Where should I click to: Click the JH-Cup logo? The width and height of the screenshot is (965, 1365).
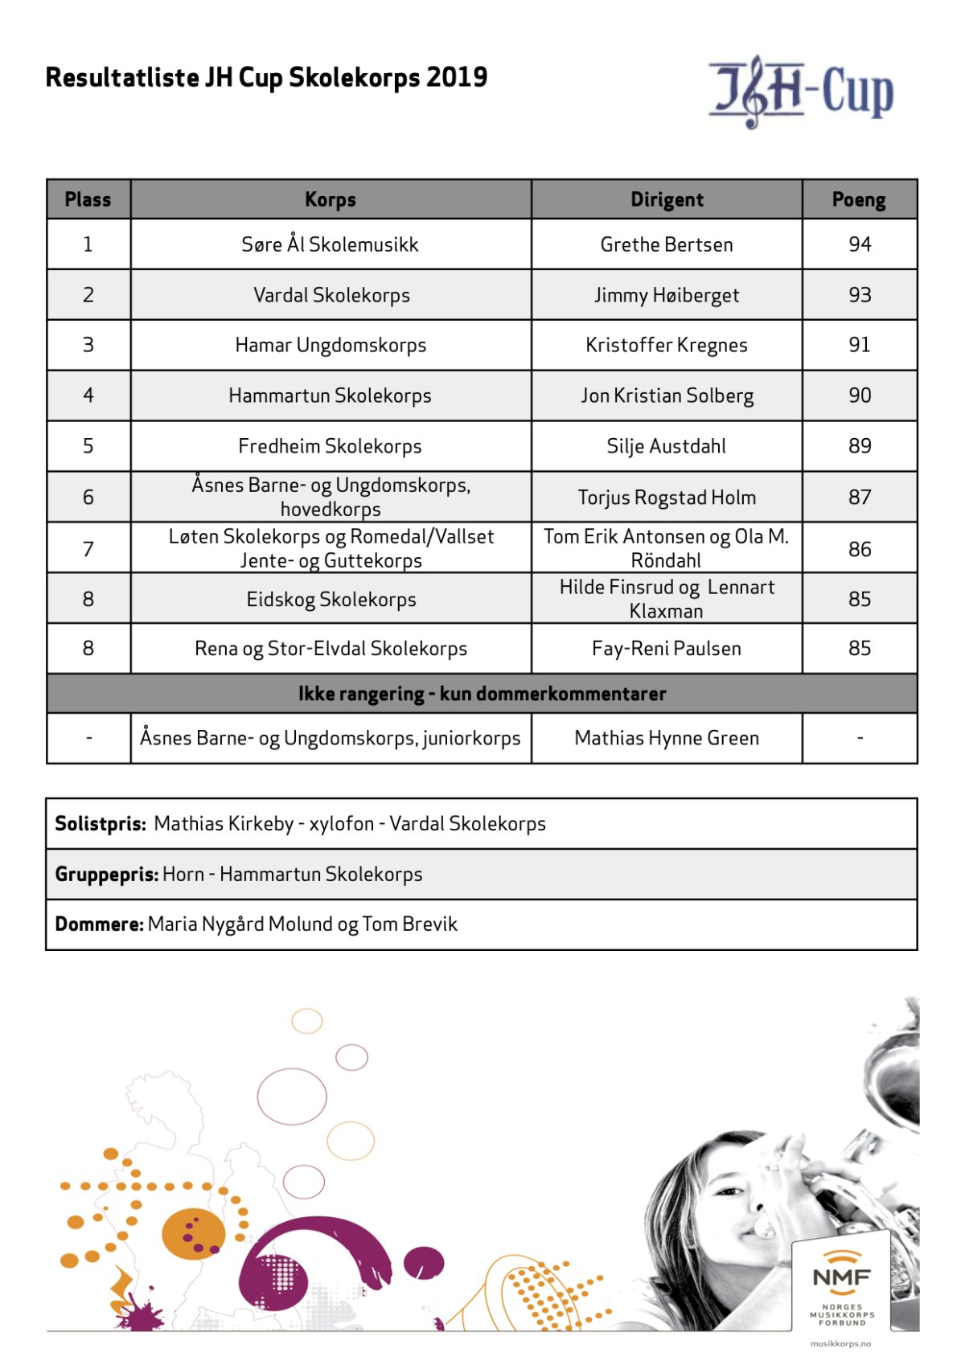[801, 92]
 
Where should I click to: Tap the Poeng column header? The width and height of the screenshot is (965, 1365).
[859, 199]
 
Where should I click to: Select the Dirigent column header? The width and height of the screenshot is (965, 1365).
[667, 199]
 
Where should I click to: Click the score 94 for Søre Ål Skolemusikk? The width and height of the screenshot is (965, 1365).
[860, 244]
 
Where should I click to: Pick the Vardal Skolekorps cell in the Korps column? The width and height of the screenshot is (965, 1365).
[331, 295]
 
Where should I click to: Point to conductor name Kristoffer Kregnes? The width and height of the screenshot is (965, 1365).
[667, 345]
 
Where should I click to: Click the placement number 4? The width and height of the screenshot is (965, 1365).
[88, 396]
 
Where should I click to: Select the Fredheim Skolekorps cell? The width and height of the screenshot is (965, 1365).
[330, 446]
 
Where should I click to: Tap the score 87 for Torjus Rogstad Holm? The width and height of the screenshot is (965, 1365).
[860, 498]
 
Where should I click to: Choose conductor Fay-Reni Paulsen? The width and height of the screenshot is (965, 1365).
[667, 649]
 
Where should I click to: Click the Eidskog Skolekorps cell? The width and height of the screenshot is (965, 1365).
[331, 600]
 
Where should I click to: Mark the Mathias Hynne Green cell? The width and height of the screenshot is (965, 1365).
[667, 738]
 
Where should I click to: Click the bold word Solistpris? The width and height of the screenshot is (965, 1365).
[101, 824]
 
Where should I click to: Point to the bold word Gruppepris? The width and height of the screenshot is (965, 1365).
[106, 875]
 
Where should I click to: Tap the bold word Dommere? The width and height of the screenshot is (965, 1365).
[99, 924]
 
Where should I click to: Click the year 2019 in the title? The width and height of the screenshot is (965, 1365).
[457, 77]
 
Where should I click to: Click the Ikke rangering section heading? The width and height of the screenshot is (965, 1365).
[482, 694]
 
